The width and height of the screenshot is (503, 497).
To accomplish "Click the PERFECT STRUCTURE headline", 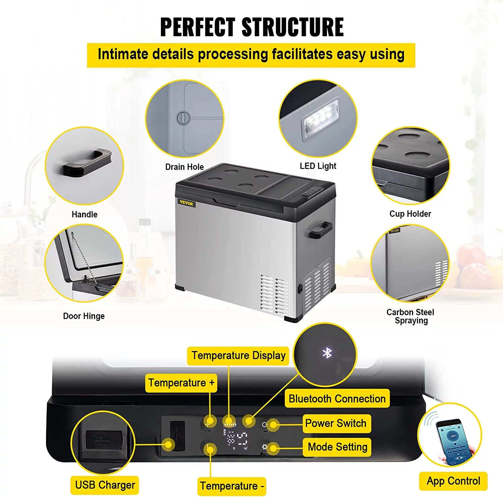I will click(252, 27).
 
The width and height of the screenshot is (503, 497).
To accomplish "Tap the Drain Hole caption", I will click(184, 167).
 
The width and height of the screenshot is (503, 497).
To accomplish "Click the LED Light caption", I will click(318, 166).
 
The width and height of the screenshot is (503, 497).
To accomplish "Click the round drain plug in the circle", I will click(183, 118).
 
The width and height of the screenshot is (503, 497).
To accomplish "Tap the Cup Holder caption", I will click(410, 214).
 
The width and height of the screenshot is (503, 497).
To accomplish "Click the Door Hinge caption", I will click(84, 316).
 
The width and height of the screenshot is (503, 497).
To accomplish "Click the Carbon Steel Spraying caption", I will click(410, 316).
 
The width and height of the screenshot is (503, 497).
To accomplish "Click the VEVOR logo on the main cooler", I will click(186, 203).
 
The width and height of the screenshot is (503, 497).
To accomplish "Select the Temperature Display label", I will click(238, 355).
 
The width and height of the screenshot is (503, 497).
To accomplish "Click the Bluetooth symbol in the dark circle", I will click(327, 353).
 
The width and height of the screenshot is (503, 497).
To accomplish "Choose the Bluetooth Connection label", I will click(337, 399).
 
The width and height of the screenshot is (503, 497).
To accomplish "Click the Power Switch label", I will click(336, 423).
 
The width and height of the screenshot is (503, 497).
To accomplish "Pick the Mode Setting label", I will click(337, 447).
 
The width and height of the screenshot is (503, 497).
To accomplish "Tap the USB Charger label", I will click(105, 485).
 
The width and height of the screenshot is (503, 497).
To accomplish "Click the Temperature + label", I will click(181, 383).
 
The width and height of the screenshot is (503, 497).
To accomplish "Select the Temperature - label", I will click(232, 486).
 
